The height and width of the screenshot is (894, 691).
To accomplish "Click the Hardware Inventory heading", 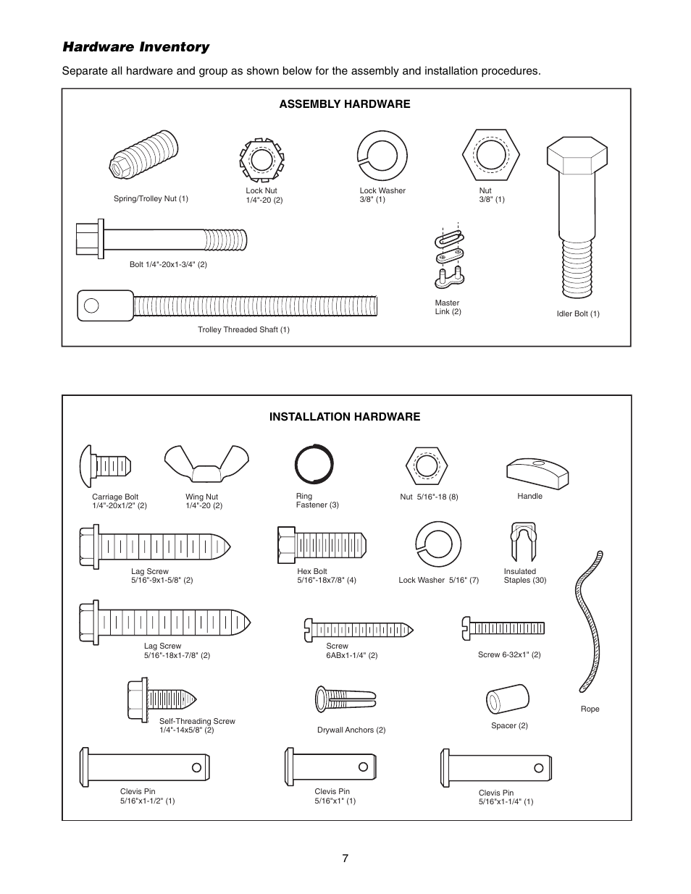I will click(x=135, y=47).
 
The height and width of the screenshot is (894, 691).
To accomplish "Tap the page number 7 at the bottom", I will click(x=345, y=858).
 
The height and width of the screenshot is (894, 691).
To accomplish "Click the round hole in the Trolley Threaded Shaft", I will click(x=91, y=305).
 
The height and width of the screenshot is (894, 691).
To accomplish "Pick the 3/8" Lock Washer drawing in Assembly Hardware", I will click(x=382, y=156).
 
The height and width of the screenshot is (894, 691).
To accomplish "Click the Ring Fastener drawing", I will click(x=314, y=463).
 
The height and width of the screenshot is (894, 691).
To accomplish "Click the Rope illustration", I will click(x=589, y=623).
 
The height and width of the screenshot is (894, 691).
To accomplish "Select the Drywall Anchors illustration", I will click(x=345, y=699).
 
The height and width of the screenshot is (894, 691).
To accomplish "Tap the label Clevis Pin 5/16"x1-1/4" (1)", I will click(x=506, y=797).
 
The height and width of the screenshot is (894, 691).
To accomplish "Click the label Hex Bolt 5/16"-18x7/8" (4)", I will click(x=326, y=575).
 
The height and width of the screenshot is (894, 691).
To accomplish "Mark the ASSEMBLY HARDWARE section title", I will click(x=345, y=104).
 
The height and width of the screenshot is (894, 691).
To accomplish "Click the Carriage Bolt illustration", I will click(x=104, y=462).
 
